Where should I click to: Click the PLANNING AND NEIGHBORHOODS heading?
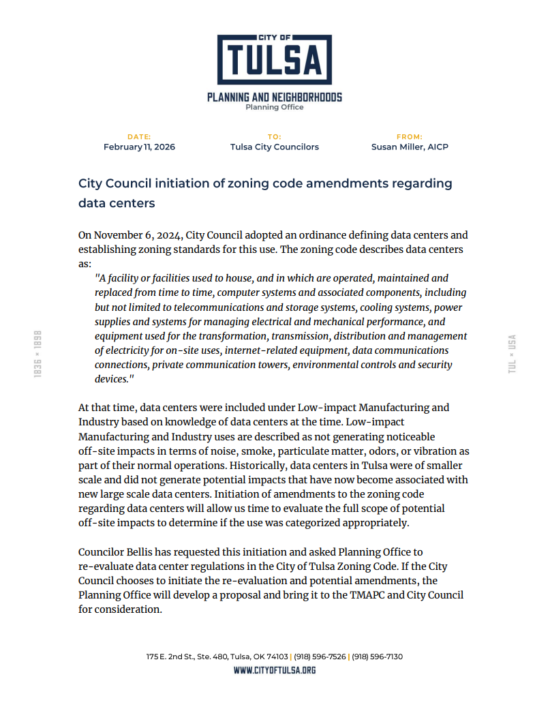pos(275,97)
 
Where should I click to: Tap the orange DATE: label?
pos(139,137)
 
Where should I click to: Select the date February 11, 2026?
pos(139,147)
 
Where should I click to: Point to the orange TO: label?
pos(275,137)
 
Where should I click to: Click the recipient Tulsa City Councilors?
pos(275,147)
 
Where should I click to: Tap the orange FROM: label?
pos(410,137)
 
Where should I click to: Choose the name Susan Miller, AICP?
pos(410,147)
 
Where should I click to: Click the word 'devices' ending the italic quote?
pos(110,379)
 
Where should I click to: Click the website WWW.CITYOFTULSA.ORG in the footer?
pos(275,670)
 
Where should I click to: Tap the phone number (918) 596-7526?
pos(320,656)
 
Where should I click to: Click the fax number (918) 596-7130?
pos(377,656)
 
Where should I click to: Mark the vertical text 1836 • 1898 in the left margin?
pos(38,354)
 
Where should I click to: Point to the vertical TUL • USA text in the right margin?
pos(512,353)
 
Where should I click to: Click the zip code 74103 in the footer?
pos(277,656)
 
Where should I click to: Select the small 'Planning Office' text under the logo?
pos(275,107)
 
